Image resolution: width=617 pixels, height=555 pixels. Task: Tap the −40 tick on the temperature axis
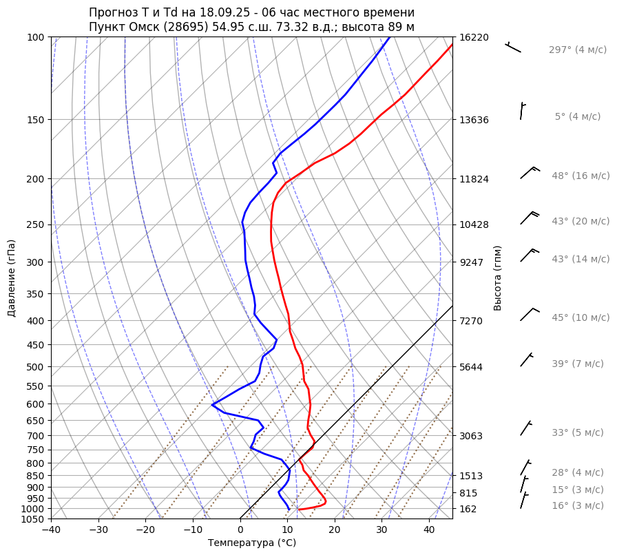pyautogui.click(x=51, y=530)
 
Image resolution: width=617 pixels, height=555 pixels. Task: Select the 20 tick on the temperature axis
pyautogui.click(x=335, y=530)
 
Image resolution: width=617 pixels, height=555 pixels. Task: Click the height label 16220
pyautogui.click(x=474, y=37)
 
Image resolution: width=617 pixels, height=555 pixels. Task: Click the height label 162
pyautogui.click(x=468, y=509)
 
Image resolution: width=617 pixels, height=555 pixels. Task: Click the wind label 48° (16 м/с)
pyautogui.click(x=581, y=176)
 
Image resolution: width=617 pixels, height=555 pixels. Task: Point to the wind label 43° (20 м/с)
pyautogui.click(x=581, y=222)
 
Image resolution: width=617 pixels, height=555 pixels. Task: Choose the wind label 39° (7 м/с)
pyautogui.click(x=578, y=364)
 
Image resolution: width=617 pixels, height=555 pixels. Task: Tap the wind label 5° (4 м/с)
pyautogui.click(x=578, y=117)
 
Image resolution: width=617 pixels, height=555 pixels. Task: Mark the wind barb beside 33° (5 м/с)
pyautogui.click(x=526, y=428)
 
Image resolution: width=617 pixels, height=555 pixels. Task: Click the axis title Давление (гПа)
pyautogui.click(x=12, y=278)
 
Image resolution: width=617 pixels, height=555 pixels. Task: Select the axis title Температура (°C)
pyautogui.click(x=252, y=543)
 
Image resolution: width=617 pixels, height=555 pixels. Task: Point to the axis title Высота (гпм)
pyautogui.click(x=498, y=277)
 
